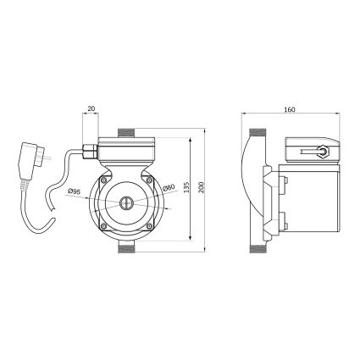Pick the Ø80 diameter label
pyautogui.click(x=169, y=188)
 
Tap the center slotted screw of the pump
pyautogui.click(x=125, y=204)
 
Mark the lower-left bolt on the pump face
pyautogui.click(x=102, y=226)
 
